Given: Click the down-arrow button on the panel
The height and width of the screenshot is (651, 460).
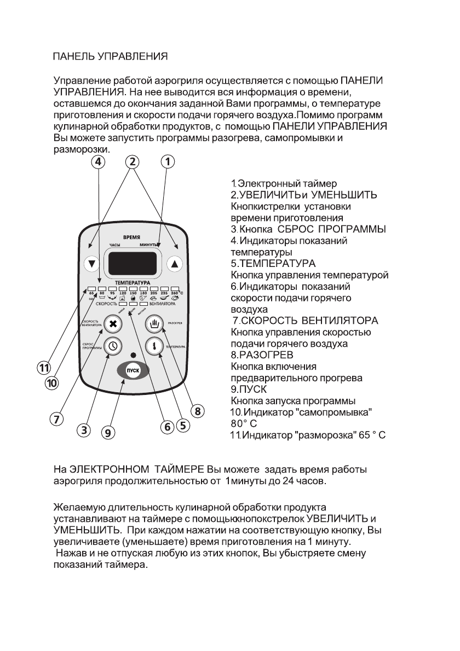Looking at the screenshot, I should point(91,263).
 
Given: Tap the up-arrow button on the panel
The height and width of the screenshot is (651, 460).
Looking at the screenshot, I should point(175,263).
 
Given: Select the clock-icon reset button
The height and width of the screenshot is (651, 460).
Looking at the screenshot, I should point(113,346).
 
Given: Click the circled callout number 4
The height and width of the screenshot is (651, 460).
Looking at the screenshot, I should point(98,161).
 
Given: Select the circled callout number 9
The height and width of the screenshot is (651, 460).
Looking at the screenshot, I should point(109,433).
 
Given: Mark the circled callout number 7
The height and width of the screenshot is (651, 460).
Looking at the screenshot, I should point(55,419).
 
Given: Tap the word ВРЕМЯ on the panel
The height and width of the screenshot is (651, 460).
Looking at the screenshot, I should point(133,237).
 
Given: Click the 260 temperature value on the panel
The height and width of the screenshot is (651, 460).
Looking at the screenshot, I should point(175,293).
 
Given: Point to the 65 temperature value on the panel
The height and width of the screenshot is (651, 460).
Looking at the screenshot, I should point(91,293).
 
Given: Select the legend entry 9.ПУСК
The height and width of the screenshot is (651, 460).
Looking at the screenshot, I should point(249,390).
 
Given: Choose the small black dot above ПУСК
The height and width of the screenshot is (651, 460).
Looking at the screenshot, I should point(133,354).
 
